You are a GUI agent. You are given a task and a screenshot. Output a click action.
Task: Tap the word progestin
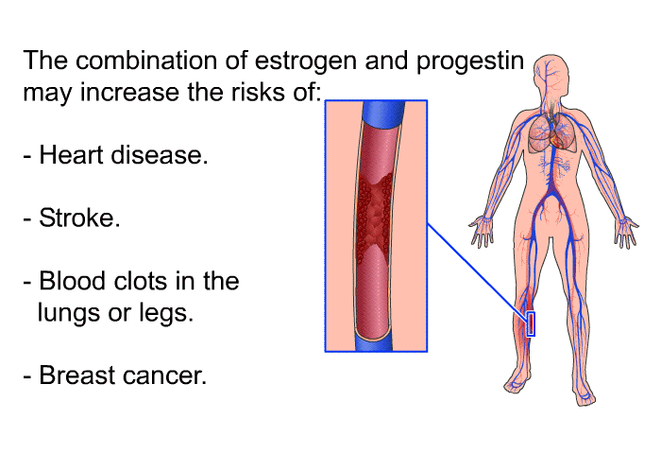coord(470,61)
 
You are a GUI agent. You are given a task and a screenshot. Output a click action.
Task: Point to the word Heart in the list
coord(71,154)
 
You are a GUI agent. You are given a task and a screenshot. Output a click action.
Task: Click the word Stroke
coord(79,218)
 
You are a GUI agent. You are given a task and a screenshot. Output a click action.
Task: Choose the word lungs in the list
coord(69,314)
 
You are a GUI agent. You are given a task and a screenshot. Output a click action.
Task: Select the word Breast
coord(77,375)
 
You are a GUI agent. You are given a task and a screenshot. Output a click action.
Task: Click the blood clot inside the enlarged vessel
coord(374,213)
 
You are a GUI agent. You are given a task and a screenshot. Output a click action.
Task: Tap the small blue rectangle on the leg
coord(531,324)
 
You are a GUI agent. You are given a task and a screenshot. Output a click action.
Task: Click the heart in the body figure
coord(556,138)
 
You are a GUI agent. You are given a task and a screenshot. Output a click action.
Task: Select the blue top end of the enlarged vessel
coord(382,114)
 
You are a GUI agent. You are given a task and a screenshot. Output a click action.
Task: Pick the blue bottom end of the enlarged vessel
coord(374,342)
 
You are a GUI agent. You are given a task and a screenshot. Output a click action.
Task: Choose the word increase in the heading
coord(129,92)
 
